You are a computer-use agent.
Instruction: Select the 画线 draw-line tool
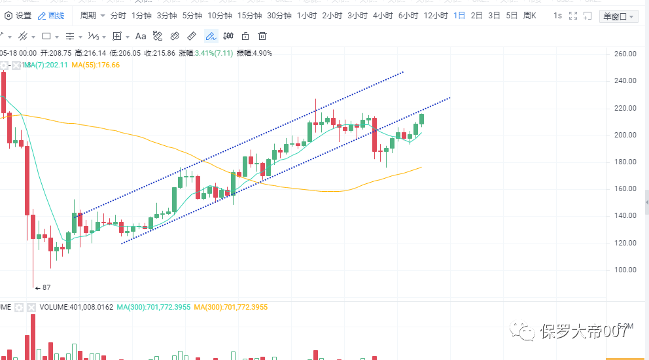tap(51, 15)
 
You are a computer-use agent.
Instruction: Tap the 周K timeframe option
tap(530, 15)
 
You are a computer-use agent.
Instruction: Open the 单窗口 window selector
tap(618, 16)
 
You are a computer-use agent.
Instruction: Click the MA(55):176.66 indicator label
tap(96, 65)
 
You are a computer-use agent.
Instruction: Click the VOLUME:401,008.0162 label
tap(76, 307)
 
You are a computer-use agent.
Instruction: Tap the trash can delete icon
tap(262, 36)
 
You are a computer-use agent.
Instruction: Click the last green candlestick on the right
tap(422, 119)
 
